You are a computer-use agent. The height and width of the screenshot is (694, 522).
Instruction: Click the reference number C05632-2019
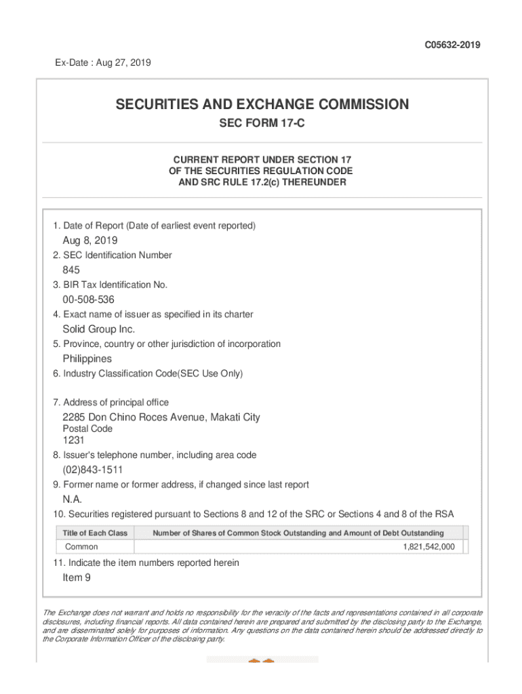pyautogui.click(x=453, y=45)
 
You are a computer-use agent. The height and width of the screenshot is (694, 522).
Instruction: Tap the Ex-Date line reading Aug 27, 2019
pyautogui.click(x=103, y=63)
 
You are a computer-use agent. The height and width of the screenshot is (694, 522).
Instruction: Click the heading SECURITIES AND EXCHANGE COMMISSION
pyautogui.click(x=262, y=104)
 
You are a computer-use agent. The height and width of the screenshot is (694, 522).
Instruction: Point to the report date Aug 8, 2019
pyautogui.click(x=90, y=241)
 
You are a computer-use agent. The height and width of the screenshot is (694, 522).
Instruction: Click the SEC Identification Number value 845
pyautogui.click(x=71, y=270)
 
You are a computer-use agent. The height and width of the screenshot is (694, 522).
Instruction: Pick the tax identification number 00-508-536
pyautogui.click(x=89, y=300)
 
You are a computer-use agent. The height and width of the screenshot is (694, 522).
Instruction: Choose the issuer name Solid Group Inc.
pyautogui.click(x=99, y=329)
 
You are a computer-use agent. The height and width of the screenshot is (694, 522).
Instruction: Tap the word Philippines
pyautogui.click(x=87, y=359)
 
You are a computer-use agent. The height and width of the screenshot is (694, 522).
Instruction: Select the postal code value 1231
pyautogui.click(x=73, y=441)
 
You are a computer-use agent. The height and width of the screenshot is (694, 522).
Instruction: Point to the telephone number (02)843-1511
pyautogui.click(x=93, y=470)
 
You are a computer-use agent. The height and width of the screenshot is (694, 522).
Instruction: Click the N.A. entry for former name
pyautogui.click(x=73, y=499)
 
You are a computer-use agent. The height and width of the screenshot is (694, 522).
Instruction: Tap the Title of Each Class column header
pyautogui.click(x=95, y=533)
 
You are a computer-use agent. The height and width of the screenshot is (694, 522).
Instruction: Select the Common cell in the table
pyautogui.click(x=81, y=547)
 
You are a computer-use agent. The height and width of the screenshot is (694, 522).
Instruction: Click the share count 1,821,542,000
pyautogui.click(x=428, y=547)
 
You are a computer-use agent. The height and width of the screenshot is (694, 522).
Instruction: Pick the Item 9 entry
pyautogui.click(x=77, y=577)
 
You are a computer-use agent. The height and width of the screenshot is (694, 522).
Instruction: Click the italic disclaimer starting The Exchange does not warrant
pyautogui.click(x=262, y=626)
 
